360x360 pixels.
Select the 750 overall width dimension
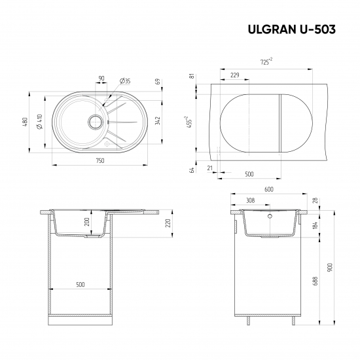[99, 160]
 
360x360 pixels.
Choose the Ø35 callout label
[125, 81]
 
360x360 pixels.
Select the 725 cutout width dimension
[266, 62]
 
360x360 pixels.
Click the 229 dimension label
[234, 76]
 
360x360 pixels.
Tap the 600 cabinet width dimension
[268, 190]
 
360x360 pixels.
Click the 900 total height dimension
[331, 267]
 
